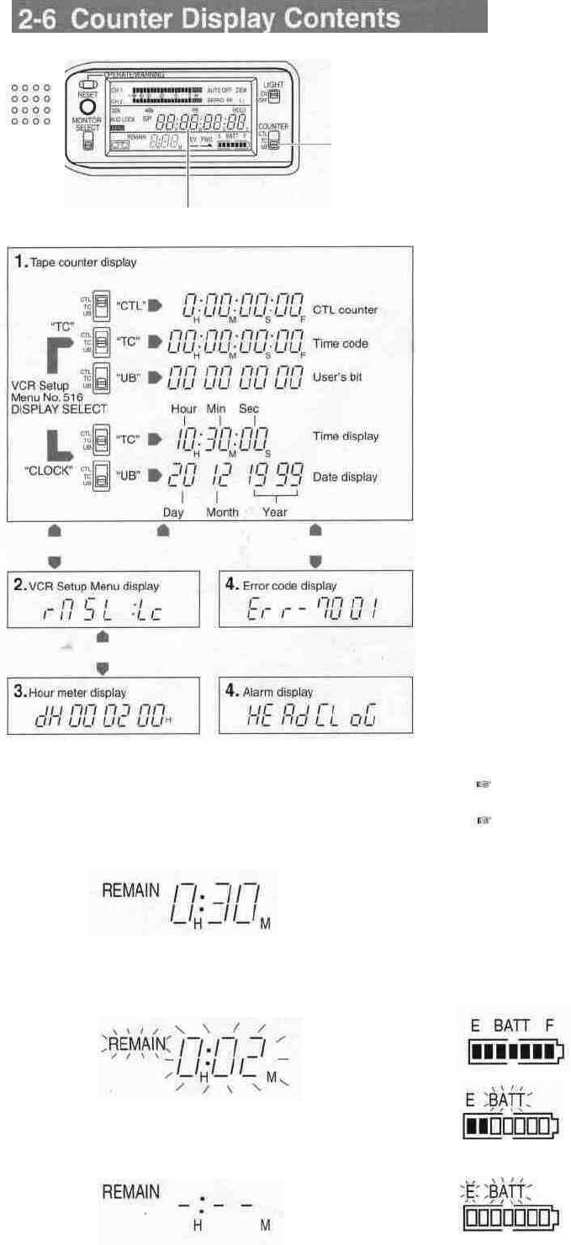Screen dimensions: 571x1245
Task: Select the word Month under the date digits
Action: point(222,511)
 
